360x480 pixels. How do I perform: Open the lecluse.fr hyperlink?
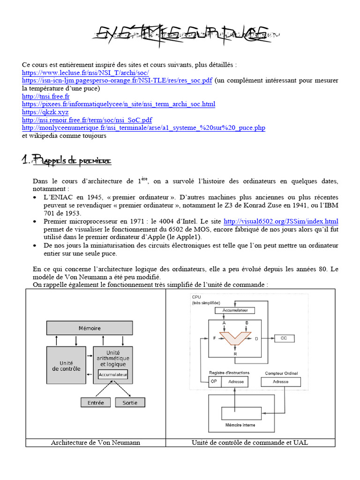tap(85, 73)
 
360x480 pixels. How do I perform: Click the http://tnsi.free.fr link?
tap(45, 96)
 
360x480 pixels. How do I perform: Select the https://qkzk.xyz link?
tap(45, 112)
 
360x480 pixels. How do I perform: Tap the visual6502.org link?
tap(281, 221)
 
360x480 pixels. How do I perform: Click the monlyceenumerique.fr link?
tap(143, 127)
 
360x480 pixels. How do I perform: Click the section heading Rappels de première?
tap(67, 161)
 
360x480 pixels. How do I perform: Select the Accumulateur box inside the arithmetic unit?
tap(112, 375)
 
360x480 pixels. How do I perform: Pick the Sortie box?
tap(130, 402)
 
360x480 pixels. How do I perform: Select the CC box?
tap(284, 337)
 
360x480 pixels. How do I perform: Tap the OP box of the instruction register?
tap(214, 382)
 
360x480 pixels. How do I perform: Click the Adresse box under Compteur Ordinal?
tap(281, 382)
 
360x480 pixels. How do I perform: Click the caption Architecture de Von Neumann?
tap(95, 442)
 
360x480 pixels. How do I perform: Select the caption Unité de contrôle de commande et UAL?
tap(250, 442)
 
